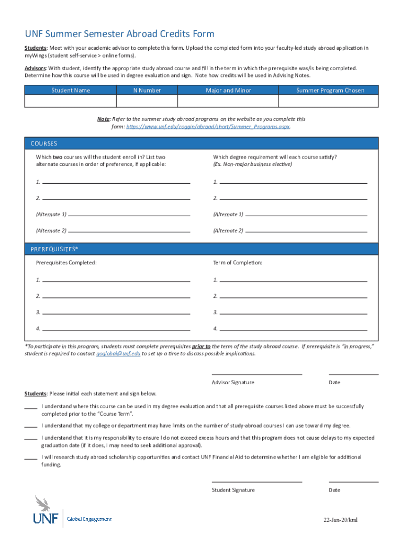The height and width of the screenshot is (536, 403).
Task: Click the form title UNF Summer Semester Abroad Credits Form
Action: point(119,34)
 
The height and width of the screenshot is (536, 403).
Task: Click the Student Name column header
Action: point(71,91)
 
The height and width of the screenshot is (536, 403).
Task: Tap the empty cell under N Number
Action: point(147,101)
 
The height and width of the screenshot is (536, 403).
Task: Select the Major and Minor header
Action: point(228,91)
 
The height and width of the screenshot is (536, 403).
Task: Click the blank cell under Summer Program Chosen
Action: point(330,101)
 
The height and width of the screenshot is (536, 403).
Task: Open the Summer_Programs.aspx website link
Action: point(208,127)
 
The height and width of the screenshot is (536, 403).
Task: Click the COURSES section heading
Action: point(44,143)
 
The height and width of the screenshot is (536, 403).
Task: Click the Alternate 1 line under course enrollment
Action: point(129,215)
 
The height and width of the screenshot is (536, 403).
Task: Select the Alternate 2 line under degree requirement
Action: point(306,231)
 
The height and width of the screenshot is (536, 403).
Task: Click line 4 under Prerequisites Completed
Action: point(116,329)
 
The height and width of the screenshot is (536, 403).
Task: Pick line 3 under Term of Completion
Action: point(293,313)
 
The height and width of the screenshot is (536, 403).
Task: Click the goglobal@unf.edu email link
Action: point(118,354)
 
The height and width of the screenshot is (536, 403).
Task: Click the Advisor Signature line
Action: point(256,374)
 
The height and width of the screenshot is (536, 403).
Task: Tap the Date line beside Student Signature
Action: point(353,481)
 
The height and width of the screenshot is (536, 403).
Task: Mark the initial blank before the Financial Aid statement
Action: point(30,459)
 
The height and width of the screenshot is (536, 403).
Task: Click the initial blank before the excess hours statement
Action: point(30,440)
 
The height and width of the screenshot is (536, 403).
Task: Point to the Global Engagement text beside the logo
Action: point(89,519)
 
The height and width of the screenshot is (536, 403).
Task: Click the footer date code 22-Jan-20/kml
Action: point(341,520)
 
